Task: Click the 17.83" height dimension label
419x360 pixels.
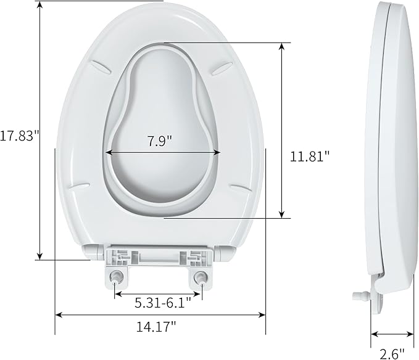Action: pos(20,136)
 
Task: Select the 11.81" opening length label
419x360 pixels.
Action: pos(311,156)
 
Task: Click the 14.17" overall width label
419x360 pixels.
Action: pos(156,327)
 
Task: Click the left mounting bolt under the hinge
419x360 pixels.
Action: pos(117,278)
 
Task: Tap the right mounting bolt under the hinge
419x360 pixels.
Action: pos(201,278)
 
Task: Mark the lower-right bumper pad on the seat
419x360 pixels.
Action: pos(240,184)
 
